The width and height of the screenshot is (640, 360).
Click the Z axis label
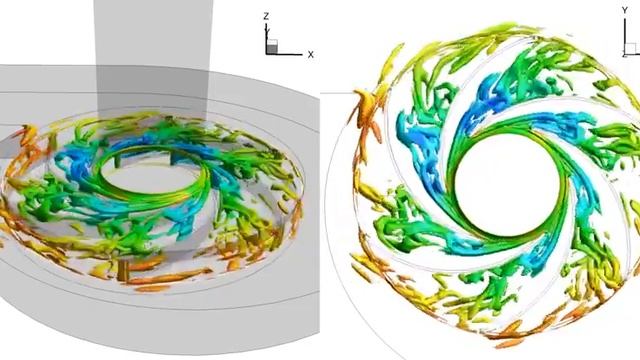(x=266, y=17)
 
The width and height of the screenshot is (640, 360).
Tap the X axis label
(x=311, y=54)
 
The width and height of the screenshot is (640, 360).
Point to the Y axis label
(x=624, y=10)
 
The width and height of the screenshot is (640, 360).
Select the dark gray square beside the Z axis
(x=272, y=49)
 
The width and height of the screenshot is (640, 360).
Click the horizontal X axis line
(x=284, y=54)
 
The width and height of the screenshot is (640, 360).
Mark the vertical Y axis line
(x=625, y=36)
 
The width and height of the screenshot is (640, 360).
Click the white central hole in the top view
(x=507, y=185)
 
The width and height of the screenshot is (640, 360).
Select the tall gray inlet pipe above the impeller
(x=153, y=57)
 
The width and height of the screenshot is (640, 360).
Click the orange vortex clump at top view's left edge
(x=363, y=104)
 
